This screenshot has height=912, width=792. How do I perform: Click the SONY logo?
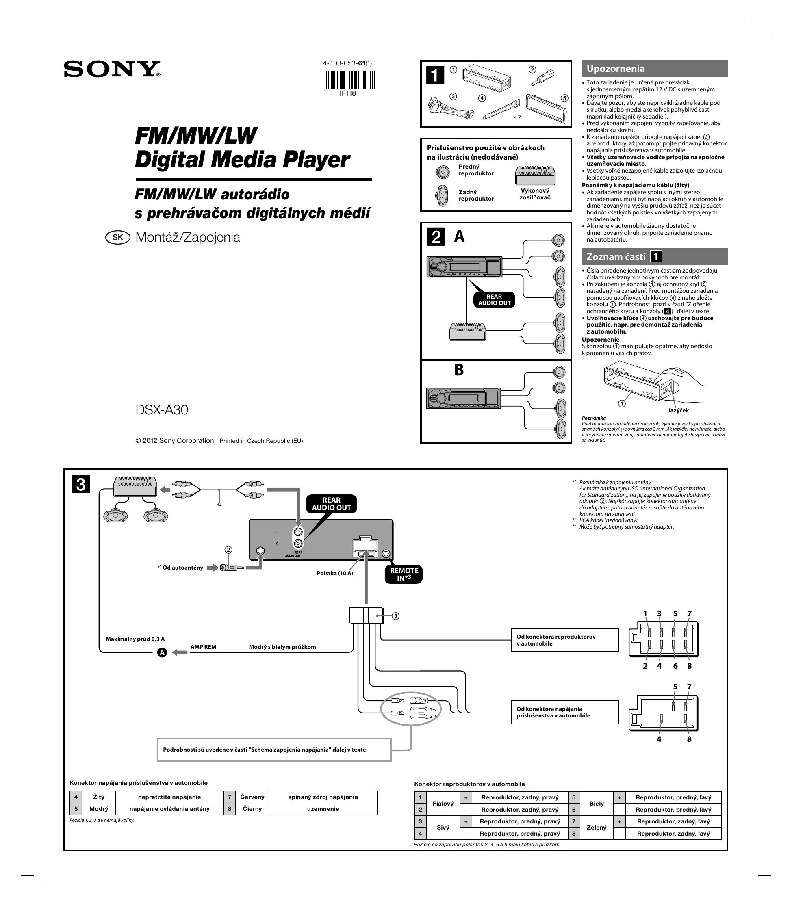[x=112, y=69]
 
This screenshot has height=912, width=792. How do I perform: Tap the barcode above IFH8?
[x=348, y=80]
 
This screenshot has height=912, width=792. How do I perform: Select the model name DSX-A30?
[x=161, y=410]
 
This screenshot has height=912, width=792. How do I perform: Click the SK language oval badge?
[x=117, y=237]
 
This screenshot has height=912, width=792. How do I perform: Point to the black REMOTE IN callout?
[x=404, y=574]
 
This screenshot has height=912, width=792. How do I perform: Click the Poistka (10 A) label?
[x=334, y=573]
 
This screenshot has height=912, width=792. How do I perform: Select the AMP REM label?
[x=203, y=647]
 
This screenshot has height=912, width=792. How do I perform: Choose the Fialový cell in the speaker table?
[x=443, y=803]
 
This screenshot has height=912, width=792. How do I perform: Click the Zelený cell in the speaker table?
[x=596, y=827]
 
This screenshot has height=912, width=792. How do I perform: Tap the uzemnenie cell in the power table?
[x=323, y=808]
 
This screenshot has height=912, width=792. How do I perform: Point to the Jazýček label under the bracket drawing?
[x=678, y=410]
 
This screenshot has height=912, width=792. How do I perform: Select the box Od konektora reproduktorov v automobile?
[x=565, y=640]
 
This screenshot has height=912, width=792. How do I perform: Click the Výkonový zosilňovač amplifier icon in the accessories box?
[x=535, y=176]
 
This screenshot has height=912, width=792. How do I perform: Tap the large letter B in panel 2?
[x=459, y=370]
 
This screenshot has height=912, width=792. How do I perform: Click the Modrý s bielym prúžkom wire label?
[x=282, y=647]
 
